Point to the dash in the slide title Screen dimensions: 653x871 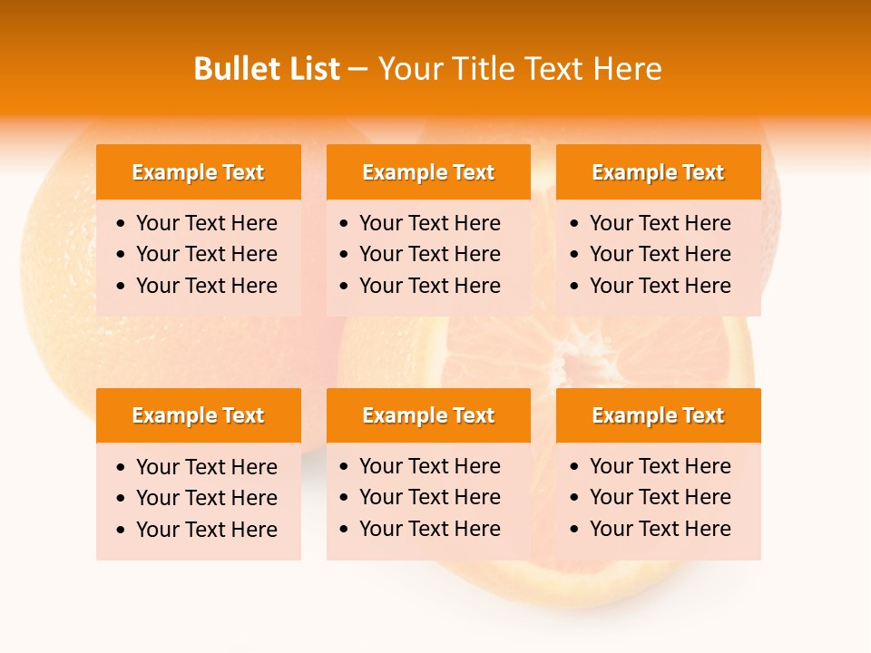[357, 70]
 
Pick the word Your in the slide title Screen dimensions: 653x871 [407, 69]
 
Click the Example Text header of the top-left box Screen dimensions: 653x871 [198, 172]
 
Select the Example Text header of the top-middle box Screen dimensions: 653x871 [428, 172]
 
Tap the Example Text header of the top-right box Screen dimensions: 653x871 [658, 172]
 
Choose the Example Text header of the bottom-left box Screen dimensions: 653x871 [198, 415]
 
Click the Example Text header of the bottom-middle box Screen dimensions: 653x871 [428, 415]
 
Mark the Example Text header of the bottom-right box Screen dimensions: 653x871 [658, 415]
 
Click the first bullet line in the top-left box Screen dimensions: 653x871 [206, 223]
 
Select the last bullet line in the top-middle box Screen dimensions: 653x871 [429, 286]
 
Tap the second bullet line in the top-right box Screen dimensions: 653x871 [660, 254]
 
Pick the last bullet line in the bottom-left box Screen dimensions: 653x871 [206, 530]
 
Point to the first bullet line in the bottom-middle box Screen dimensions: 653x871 [429, 466]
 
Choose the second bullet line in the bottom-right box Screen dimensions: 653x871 [660, 497]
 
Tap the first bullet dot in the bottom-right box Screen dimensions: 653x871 [575, 467]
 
